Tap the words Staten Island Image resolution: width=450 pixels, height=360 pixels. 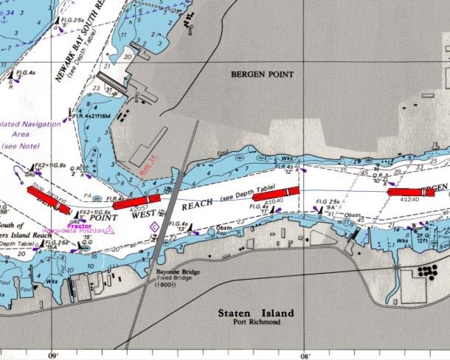(x=255, y=314)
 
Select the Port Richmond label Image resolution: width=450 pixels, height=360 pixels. (x=255, y=322)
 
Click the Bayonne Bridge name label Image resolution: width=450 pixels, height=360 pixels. (x=174, y=272)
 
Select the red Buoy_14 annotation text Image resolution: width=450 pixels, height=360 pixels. (x=149, y=163)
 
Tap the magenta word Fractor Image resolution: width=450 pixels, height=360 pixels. (x=79, y=226)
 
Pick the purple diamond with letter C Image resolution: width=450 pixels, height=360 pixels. (x=154, y=226)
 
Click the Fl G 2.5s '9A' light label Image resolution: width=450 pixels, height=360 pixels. (x=328, y=201)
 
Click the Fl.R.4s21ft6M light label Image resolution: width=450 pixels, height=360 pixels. (x=87, y=116)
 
